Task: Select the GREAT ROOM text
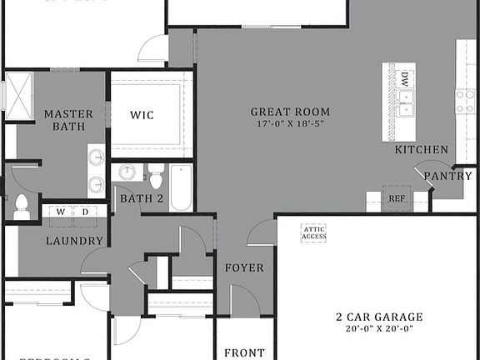tap(290, 112)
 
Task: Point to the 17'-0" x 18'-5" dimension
tap(290, 124)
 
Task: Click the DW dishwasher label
tap(404, 79)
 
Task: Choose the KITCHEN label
tap(421, 150)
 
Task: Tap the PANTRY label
tap(448, 176)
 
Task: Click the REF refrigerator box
tap(397, 198)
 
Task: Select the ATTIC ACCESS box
tap(313, 232)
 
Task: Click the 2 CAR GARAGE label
tap(379, 317)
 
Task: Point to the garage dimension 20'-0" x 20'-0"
tap(379, 328)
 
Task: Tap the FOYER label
tap(244, 268)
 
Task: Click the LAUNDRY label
tap(74, 241)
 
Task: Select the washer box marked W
tap(60, 212)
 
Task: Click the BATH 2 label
tap(141, 199)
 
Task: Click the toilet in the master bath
tap(22, 207)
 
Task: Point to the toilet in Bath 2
tap(156, 177)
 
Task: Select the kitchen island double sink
tap(404, 103)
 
